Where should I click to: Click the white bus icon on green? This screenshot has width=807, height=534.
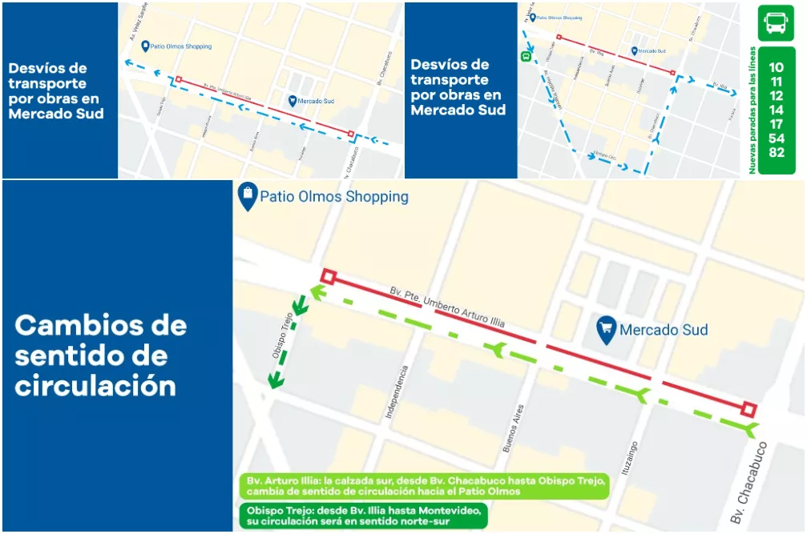[776, 23]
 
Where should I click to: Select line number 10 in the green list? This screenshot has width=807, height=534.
[776, 68]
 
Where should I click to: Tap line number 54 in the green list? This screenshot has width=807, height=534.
[776, 139]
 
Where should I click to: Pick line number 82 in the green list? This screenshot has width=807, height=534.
[776, 152]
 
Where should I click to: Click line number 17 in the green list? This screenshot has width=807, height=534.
[776, 124]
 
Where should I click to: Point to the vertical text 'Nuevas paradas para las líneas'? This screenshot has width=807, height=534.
[753, 110]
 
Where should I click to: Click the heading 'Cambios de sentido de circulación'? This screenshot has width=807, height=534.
[100, 355]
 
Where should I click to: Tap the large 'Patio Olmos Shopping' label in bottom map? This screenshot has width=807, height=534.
[334, 197]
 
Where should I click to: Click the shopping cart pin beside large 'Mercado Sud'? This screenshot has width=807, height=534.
[606, 329]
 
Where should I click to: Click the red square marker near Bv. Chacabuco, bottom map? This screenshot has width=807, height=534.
[748, 410]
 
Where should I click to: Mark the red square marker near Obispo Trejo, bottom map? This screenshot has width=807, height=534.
[328, 277]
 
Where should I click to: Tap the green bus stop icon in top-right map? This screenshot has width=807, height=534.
[526, 56]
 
